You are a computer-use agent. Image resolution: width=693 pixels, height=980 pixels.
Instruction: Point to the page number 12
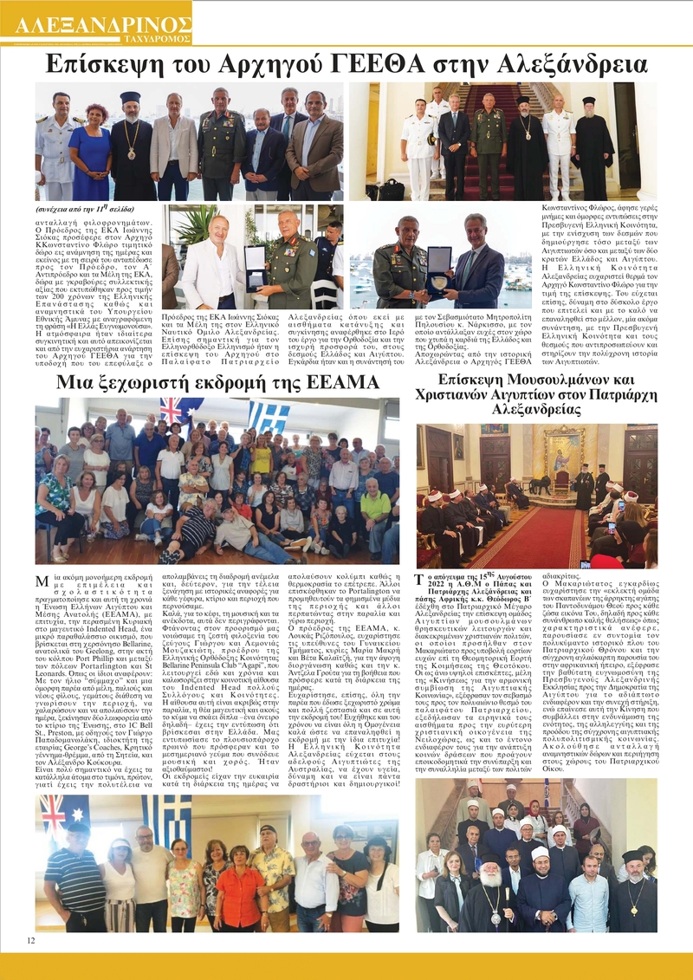[x=31, y=939]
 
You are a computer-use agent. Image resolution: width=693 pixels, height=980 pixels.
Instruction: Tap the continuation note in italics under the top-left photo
[x=82, y=210]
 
